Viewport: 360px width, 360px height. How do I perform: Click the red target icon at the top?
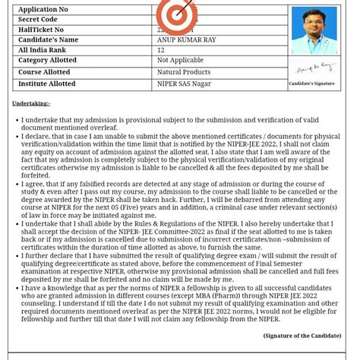pyautogui.click(x=176, y=15)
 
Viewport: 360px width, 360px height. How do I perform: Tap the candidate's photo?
pyautogui.click(x=313, y=30)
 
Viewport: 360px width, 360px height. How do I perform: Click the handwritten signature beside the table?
pyautogui.click(x=314, y=68)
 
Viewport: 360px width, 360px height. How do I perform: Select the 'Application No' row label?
pyautogui.click(x=43, y=10)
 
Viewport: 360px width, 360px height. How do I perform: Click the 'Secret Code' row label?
pyautogui.click(x=38, y=20)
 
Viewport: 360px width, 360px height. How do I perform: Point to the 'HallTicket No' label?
pyautogui.click(x=41, y=30)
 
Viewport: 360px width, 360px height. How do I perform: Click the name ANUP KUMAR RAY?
pyautogui.click(x=187, y=39)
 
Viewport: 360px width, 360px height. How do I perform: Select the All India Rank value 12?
pyautogui.click(x=161, y=50)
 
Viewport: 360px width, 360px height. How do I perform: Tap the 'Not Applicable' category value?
pyautogui.click(x=180, y=60)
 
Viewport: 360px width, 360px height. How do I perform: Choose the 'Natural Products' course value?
pyautogui.click(x=184, y=72)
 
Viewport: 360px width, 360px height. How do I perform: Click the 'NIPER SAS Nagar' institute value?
pyautogui.click(x=185, y=84)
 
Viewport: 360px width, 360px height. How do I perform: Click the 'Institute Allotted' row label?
pyautogui.click(x=47, y=84)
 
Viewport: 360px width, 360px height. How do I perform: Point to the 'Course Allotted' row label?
pyautogui.click(x=44, y=72)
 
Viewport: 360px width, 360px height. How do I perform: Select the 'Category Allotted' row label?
pyautogui.click(x=47, y=60)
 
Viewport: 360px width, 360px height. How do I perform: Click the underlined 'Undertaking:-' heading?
pyautogui.click(x=31, y=103)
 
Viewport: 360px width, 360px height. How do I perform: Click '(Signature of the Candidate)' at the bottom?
pyautogui.click(x=302, y=336)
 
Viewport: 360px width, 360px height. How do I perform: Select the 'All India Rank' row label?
pyautogui.click(x=43, y=50)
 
